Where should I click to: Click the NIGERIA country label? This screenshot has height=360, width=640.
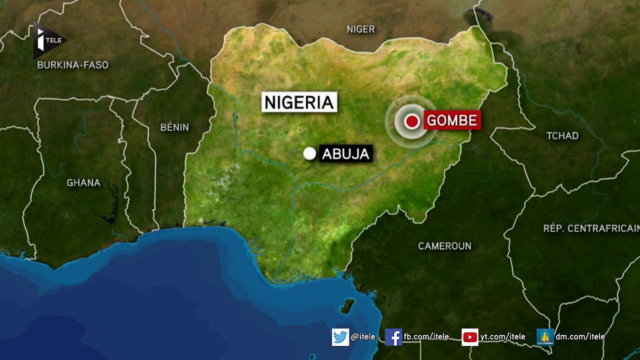point(299,102)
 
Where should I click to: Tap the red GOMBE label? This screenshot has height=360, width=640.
point(452,120)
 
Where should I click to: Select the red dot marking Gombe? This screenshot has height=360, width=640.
point(412,121)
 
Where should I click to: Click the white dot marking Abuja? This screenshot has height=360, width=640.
point(310,153)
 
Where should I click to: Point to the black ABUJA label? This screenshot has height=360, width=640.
point(346,153)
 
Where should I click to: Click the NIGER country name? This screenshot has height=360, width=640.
point(360,29)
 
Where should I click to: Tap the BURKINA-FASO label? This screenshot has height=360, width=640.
point(73,65)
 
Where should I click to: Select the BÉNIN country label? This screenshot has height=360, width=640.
point(174,127)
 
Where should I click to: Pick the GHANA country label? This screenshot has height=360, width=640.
point(83,183)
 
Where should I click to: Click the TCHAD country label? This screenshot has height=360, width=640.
point(562,136)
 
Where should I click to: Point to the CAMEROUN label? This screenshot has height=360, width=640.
point(444,246)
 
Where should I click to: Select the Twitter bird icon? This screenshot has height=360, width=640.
point(340,337)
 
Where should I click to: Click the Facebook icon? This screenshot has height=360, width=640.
point(393,337)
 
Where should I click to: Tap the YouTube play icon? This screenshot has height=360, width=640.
point(470,337)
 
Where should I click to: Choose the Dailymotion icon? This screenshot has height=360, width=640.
point(545,337)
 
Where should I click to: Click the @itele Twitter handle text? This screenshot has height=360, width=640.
point(363,337)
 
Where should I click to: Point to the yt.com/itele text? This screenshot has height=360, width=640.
point(502,337)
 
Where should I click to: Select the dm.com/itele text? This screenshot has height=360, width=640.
point(580,337)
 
